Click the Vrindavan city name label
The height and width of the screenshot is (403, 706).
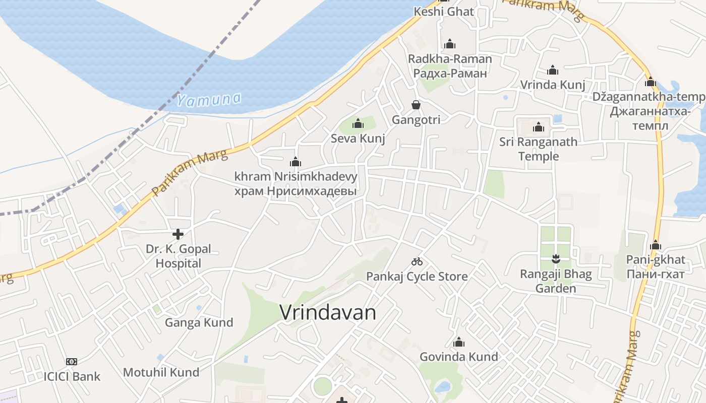pyautogui.click(x=328, y=313)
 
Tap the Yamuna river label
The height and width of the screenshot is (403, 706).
pyautogui.click(x=209, y=100)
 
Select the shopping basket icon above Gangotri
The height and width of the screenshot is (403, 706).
pyautogui.click(x=416, y=105)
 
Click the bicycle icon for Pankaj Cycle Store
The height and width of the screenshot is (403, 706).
pyautogui.click(x=417, y=261)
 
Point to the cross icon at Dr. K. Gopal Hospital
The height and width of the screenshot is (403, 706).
pyautogui.click(x=178, y=234)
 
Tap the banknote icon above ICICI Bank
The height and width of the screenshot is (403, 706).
pyautogui.click(x=72, y=362)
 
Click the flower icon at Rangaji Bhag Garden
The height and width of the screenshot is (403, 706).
pyautogui.click(x=556, y=259)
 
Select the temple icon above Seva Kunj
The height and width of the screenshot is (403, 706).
pyautogui.click(x=358, y=123)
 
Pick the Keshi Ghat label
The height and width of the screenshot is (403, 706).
pyautogui.click(x=444, y=12)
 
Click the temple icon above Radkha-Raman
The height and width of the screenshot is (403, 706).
pyautogui.click(x=450, y=44)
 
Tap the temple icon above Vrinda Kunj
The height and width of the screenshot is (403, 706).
pyautogui.click(x=553, y=70)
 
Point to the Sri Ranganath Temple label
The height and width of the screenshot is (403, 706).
pyautogui.click(x=539, y=149)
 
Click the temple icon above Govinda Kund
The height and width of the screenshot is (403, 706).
pyautogui.click(x=458, y=343)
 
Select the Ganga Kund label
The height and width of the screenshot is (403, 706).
pyautogui.click(x=199, y=322)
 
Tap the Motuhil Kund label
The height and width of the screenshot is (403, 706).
pyautogui.click(x=161, y=372)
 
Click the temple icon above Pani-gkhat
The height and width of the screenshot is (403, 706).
pyautogui.click(x=656, y=245)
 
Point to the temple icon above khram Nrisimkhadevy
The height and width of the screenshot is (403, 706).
pyautogui.click(x=296, y=162)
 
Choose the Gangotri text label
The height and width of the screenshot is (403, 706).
pyautogui.click(x=416, y=120)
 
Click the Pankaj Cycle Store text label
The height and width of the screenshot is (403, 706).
pyautogui.click(x=417, y=277)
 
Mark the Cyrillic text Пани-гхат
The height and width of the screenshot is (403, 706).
pyautogui.click(x=656, y=274)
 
